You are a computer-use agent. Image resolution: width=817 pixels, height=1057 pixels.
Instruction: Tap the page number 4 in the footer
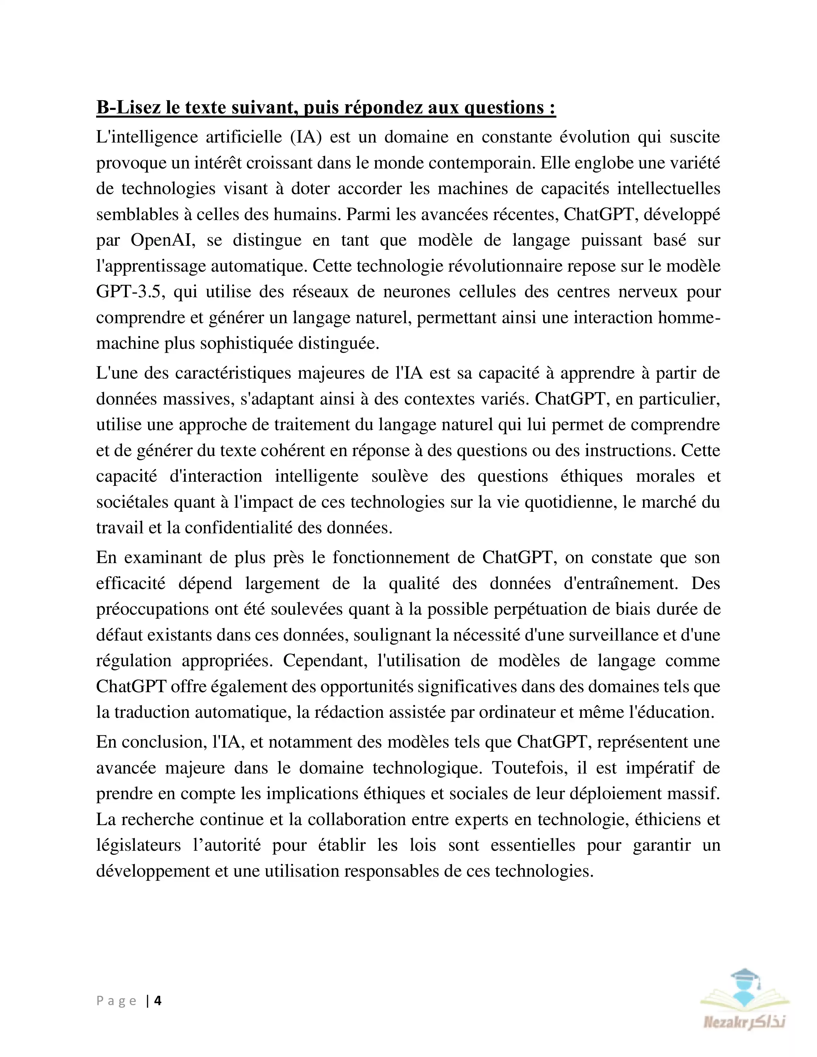click(x=158, y=1000)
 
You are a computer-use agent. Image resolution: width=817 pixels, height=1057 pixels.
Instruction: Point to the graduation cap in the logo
click(x=745, y=977)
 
